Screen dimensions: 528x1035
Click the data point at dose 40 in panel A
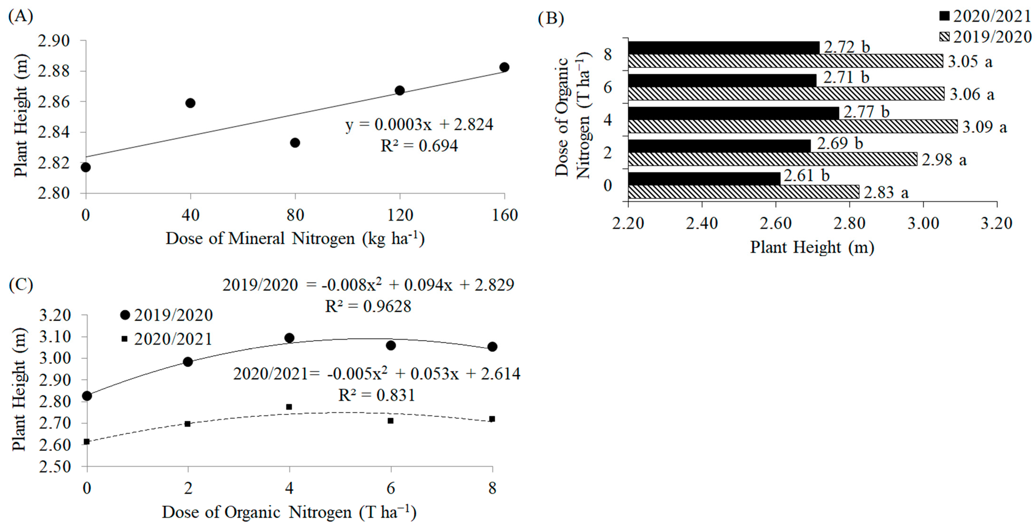(x=190, y=103)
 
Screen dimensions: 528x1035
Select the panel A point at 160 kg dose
(x=504, y=67)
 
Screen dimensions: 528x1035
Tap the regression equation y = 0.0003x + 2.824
(x=419, y=125)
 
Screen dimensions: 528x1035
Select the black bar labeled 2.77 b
(x=733, y=113)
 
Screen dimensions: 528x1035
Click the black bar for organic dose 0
(x=704, y=178)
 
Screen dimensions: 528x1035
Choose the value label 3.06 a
(x=972, y=94)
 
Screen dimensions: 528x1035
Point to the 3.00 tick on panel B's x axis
(x=923, y=223)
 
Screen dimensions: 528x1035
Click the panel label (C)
(x=21, y=284)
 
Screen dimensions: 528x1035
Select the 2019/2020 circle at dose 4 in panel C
(x=289, y=338)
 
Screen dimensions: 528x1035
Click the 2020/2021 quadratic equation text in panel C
(x=377, y=374)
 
